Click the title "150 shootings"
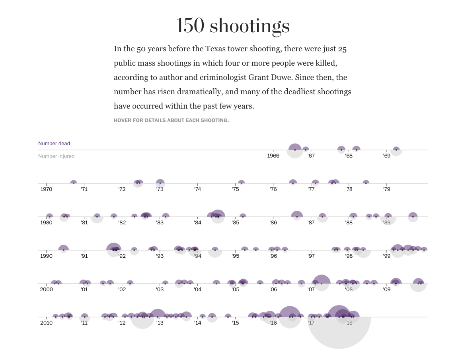(233, 25)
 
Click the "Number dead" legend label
(54, 144)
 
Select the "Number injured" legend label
(56, 156)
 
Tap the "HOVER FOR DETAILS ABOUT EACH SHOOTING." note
(171, 120)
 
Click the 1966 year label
(273, 156)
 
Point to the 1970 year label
(46, 189)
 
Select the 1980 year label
(46, 223)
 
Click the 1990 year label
(46, 256)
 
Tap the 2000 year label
(46, 290)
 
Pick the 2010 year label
(46, 323)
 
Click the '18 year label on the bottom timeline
(349, 323)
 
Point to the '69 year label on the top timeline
(387, 156)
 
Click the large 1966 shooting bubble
(295, 150)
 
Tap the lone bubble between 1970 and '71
(74, 183)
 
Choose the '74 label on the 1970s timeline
(197, 189)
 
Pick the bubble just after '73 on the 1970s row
(160, 183)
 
